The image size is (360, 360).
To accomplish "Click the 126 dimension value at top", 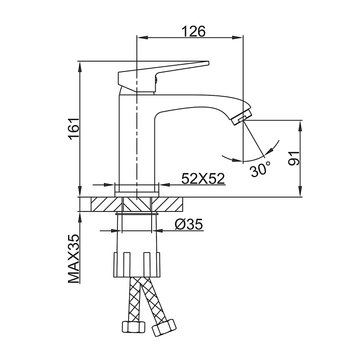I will coord(193,31).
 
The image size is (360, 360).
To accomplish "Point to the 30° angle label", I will coord(261,170).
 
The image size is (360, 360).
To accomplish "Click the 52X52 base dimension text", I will coord(203,179).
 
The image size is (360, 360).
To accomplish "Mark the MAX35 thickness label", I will coord(74,258).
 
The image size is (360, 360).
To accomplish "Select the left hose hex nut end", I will coord(133,327).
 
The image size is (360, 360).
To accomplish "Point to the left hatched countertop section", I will coord(103,204).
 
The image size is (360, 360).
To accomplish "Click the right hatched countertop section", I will coord(171,204).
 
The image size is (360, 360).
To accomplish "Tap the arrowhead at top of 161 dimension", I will coord(81,65).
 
